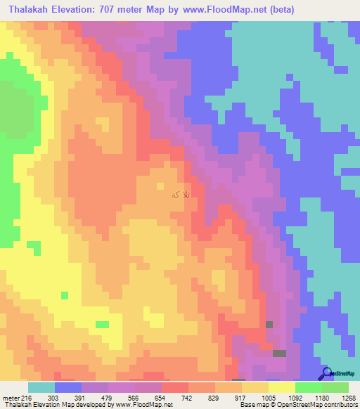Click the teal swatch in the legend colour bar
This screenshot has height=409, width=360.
41,387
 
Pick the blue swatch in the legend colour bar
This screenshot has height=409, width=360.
68,387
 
